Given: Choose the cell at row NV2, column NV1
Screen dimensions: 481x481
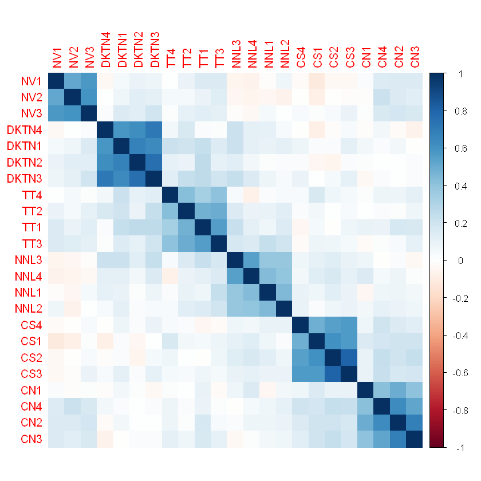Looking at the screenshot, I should tap(56, 97).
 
